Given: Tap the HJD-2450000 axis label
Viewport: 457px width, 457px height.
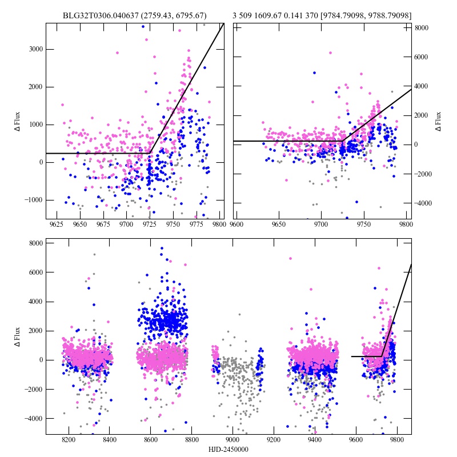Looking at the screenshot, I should [228, 450].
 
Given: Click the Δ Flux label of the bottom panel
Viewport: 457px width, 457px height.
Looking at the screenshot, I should [18, 337].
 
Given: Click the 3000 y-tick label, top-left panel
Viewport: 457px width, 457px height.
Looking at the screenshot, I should [35, 49].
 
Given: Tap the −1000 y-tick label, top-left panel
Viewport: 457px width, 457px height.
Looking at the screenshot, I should [34, 200].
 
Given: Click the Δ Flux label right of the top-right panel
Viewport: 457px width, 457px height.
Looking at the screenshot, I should [439, 121].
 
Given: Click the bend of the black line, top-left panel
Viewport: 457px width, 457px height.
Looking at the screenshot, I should [151, 153].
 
